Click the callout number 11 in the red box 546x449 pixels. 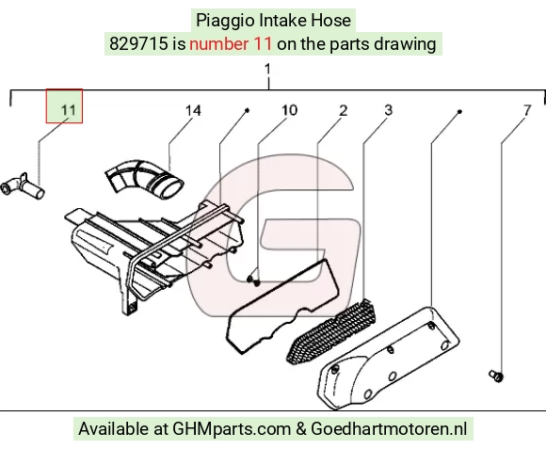tap(68, 110)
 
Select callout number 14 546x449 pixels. tap(193, 111)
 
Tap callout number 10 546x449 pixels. tap(289, 110)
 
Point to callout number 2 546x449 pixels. tap(344, 111)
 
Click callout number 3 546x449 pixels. tap(388, 110)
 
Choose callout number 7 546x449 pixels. tap(527, 111)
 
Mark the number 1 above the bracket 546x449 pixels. tap(267, 69)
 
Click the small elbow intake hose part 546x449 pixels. tap(23, 185)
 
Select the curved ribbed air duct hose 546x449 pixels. tap(145, 179)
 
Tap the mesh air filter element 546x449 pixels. tap(332, 331)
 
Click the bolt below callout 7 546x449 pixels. tap(496, 376)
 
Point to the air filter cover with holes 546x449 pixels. tap(388, 358)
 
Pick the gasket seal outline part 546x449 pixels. tap(282, 306)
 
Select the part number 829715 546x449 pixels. tap(138, 44)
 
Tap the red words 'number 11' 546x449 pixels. tap(231, 44)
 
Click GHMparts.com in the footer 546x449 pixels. tap(232, 429)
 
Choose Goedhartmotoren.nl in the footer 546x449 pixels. tap(389, 428)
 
